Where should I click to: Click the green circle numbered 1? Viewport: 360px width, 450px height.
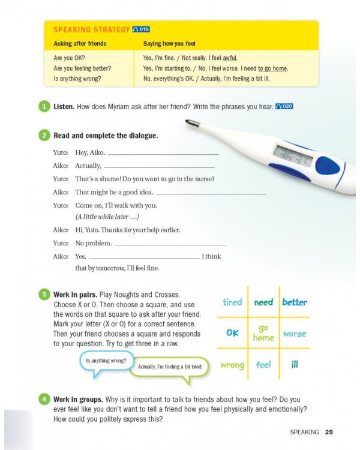click(x=44, y=107)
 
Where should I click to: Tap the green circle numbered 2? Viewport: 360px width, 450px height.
click(x=44, y=136)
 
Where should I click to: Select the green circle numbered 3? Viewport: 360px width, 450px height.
click(x=44, y=295)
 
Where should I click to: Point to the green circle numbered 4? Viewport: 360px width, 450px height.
click(x=44, y=399)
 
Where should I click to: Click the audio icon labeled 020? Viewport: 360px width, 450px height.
click(x=284, y=107)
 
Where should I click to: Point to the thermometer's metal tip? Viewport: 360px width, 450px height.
click(x=193, y=124)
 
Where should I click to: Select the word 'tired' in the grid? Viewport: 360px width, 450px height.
click(x=232, y=302)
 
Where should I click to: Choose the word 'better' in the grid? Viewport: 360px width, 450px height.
click(x=294, y=302)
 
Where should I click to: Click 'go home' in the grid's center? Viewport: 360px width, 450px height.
click(x=263, y=333)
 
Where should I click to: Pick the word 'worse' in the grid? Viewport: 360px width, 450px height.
click(x=294, y=334)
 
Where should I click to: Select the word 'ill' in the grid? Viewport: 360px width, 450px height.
click(x=294, y=364)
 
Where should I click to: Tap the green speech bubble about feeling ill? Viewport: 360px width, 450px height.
click(x=170, y=366)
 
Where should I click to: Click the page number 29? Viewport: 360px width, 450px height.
click(x=329, y=431)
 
